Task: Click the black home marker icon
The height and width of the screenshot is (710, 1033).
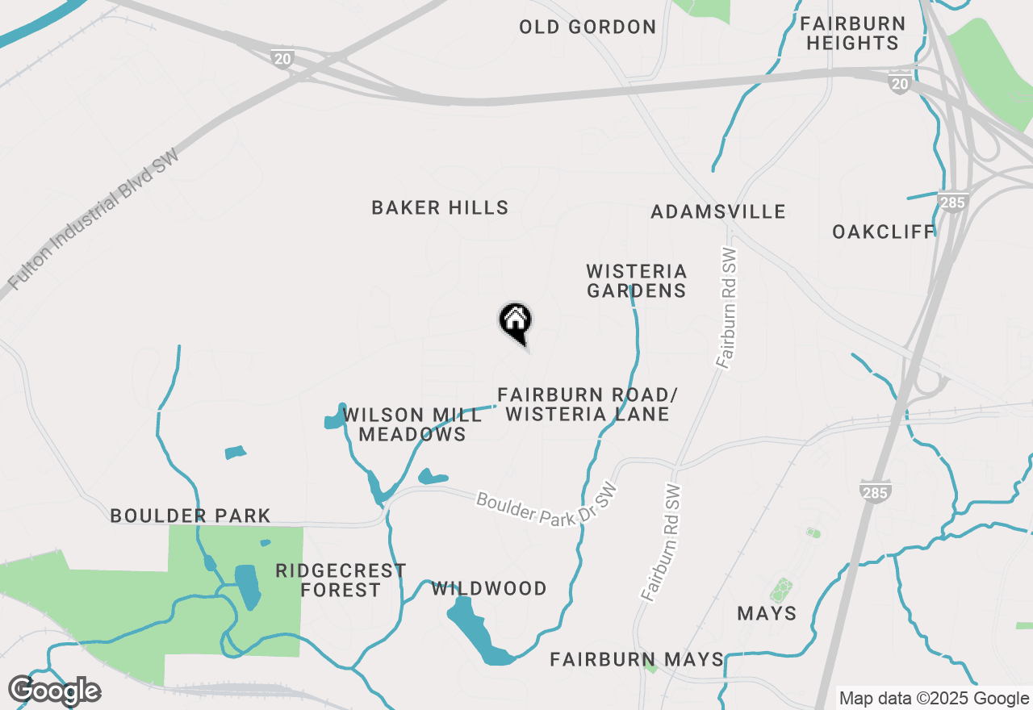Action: pos(515,322)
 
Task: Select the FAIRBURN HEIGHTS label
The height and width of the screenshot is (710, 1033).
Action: pos(853,33)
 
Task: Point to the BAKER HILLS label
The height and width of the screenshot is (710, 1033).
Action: pos(440,208)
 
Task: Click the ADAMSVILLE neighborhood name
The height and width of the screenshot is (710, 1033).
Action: pos(718,212)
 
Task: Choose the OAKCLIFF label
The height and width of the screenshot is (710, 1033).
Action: pos(884,232)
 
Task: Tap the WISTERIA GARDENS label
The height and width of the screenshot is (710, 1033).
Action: pos(637,281)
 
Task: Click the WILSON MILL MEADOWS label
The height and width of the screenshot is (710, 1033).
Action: pos(412,424)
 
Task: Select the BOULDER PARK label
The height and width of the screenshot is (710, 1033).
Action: pos(190,516)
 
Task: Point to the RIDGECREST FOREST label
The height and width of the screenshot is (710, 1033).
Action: pos(341,581)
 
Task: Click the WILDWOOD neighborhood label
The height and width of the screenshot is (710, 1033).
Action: pos(489,589)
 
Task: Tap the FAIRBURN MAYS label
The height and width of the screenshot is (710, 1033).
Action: pos(637,660)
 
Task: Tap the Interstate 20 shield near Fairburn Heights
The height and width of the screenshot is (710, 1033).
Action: pos(900,83)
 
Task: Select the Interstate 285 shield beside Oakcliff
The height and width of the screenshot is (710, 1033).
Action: pos(953,202)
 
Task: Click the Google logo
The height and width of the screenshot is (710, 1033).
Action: pos(54,691)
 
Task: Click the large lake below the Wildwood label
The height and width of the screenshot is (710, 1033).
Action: pos(476,629)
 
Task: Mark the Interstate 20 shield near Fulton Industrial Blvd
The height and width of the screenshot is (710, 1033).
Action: pos(282,58)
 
